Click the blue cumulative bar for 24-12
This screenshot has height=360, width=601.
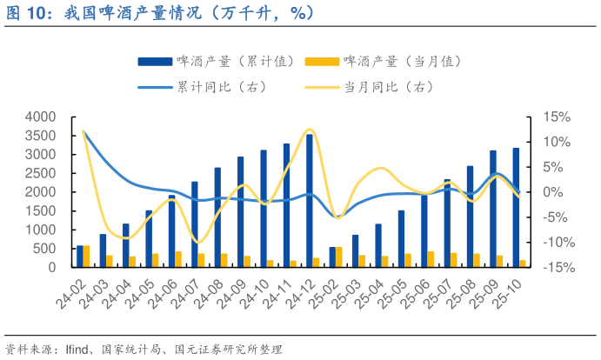(309, 201)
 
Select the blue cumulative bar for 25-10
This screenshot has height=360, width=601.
(516, 208)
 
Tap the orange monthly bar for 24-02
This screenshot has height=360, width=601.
(86, 257)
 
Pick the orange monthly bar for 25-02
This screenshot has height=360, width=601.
(339, 257)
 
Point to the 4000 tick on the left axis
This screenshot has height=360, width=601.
(41, 117)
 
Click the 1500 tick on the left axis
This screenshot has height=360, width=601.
(41, 210)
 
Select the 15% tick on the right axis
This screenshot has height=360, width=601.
(556, 117)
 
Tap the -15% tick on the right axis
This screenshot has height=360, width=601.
(556, 267)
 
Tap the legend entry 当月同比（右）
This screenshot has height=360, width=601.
(388, 87)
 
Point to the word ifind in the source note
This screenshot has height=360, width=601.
(77, 348)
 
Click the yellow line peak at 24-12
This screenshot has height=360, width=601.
(310, 130)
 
